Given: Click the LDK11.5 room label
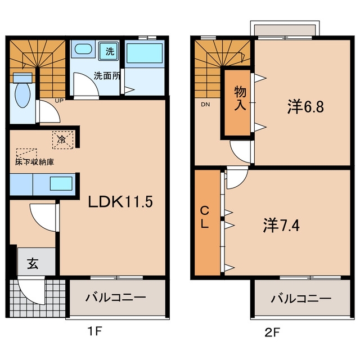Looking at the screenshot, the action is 120,202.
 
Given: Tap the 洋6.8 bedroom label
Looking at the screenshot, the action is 305,107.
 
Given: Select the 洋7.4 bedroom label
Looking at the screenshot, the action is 281,226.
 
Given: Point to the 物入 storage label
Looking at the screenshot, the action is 240,98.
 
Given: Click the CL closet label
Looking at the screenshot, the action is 205,217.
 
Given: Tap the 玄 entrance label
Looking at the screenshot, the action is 33,263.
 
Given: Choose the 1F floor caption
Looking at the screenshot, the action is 94,331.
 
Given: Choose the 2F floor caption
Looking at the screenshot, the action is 272,332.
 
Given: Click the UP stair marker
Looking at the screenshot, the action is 59,100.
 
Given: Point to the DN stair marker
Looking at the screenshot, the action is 205,105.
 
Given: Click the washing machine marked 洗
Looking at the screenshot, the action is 109,51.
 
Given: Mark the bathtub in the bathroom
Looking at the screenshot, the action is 145,53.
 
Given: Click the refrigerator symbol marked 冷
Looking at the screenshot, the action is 62,139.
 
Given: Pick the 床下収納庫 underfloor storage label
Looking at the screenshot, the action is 35,162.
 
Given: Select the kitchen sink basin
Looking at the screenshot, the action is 61,183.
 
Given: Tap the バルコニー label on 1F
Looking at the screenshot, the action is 116,298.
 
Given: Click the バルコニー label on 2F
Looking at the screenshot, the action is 301,299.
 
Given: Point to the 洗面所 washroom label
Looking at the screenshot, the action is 107,76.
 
